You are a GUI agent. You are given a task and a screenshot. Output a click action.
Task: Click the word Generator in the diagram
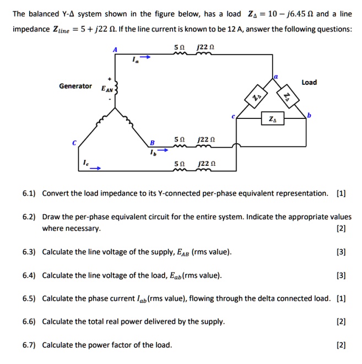coord(75,86)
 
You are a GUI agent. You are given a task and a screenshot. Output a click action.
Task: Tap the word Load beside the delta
coord(309,82)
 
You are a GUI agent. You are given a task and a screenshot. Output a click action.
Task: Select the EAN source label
coord(107,89)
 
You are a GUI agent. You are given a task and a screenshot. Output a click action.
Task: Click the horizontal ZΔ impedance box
coord(272,119)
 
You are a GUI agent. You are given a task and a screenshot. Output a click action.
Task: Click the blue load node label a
coord(277,78)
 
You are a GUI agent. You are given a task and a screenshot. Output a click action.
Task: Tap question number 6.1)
coord(29,193)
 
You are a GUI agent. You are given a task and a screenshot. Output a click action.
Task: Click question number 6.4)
coord(29,275)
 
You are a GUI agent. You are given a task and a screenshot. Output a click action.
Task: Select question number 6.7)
coord(29,345)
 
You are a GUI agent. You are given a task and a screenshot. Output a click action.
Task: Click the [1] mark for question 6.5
coord(341,298)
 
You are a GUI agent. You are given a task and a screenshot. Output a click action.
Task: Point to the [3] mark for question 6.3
coord(341,252)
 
